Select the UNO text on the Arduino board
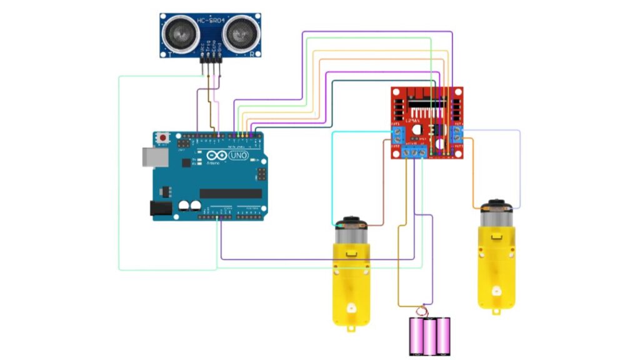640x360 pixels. coord(239,155)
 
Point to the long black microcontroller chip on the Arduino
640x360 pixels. coord(230,193)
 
